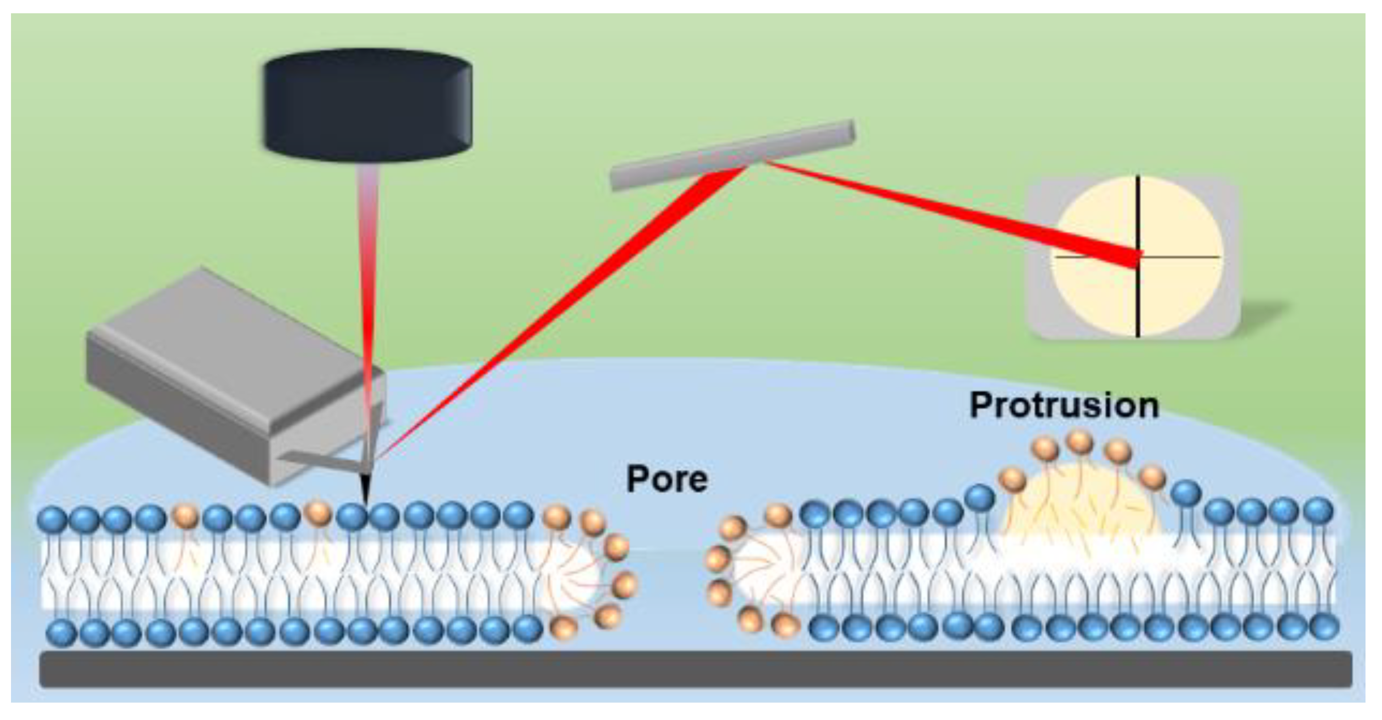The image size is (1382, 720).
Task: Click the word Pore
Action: (x=667, y=478)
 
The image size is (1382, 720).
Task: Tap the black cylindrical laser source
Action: (x=368, y=104)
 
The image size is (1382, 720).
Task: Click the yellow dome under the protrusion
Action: (x=1078, y=504)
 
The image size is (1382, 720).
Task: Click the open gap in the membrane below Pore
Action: (x=670, y=574)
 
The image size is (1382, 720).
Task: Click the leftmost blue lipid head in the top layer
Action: (x=52, y=520)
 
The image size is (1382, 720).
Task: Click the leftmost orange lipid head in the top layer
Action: (x=185, y=517)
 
